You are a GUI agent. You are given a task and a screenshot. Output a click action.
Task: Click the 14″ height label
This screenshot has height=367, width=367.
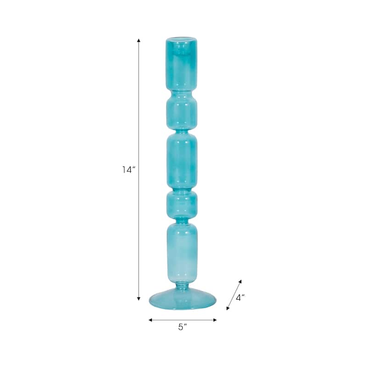point(129,170)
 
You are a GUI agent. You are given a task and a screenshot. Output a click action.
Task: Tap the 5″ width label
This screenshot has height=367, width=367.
point(183,327)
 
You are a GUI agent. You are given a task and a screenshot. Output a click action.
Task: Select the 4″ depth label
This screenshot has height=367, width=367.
point(240,297)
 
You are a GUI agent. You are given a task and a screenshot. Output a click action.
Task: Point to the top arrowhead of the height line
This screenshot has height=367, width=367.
point(139,40)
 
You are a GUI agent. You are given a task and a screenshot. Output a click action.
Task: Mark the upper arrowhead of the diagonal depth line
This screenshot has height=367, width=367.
point(240,281)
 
